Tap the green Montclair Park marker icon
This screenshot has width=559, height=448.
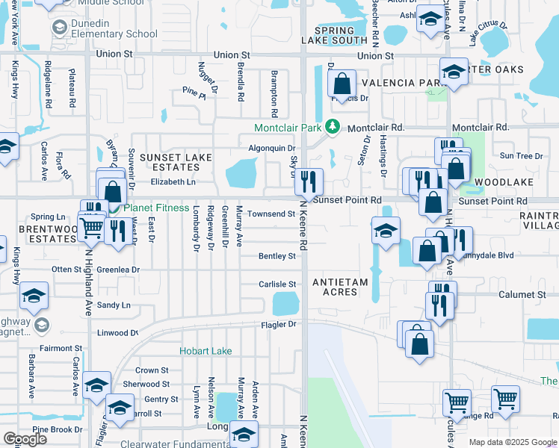(333, 128)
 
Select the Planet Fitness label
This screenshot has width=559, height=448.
(156, 208)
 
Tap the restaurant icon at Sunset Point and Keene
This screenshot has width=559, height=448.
(309, 181)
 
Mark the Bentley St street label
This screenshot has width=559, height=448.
(277, 256)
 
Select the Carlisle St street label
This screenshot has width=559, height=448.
(277, 284)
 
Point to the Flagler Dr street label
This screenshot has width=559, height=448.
(279, 325)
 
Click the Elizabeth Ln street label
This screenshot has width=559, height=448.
(173, 181)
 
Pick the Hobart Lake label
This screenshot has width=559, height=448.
(206, 351)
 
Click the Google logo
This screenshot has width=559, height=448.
(25, 439)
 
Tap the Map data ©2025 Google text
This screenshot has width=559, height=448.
(512, 442)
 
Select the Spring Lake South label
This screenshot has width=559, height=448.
(335, 34)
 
